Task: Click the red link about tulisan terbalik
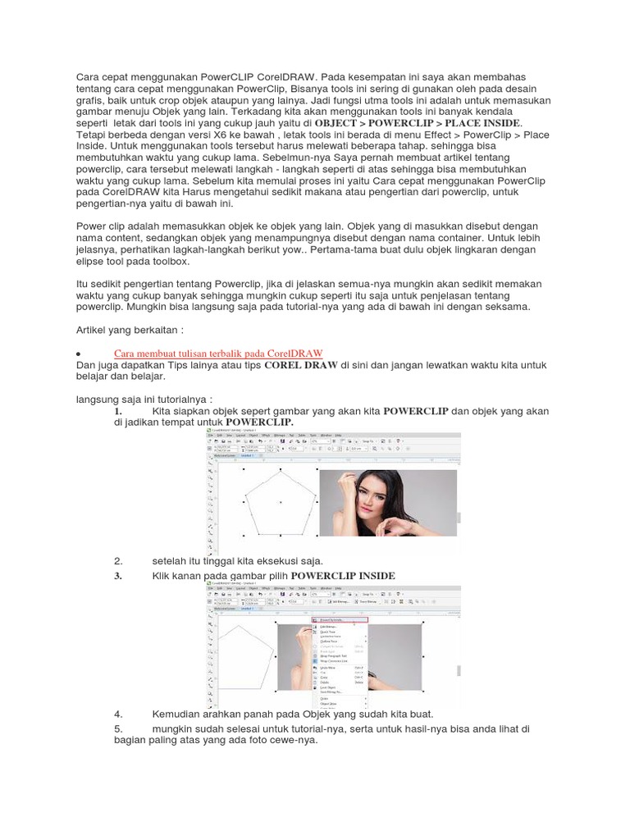(218, 330)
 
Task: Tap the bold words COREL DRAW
(301, 342)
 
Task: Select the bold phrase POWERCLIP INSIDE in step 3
(343, 576)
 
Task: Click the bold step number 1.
(118, 410)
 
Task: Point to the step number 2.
(118, 560)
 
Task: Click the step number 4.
(118, 714)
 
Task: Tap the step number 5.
(118, 728)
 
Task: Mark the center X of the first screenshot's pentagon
(281, 502)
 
